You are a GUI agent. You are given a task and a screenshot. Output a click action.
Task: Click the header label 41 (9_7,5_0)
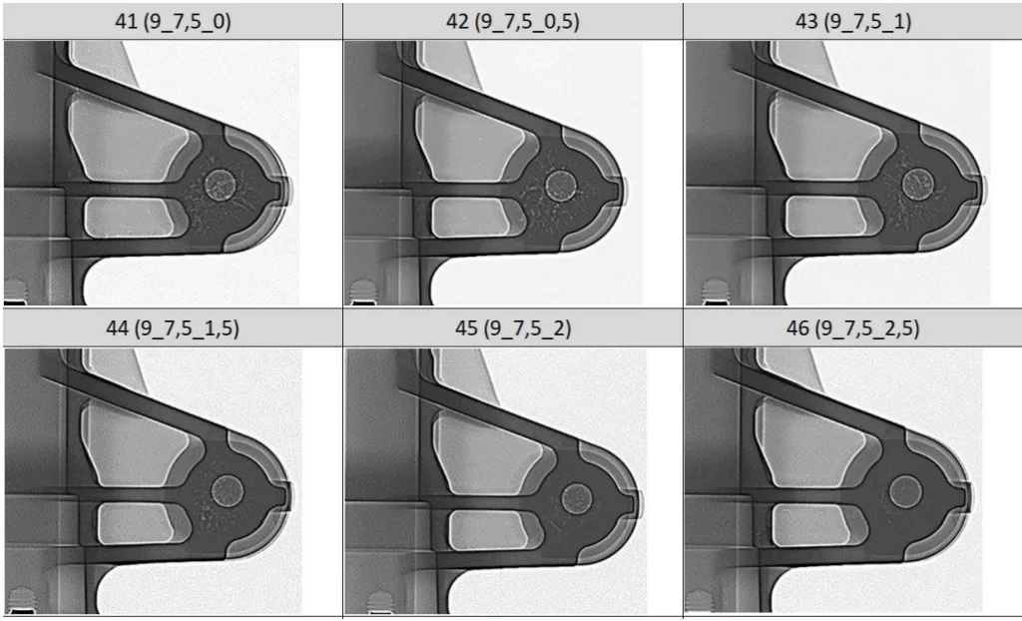point(172,20)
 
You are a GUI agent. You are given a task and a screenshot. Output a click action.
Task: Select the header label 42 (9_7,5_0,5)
point(513,20)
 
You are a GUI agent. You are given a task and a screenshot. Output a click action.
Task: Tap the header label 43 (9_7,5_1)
point(853,20)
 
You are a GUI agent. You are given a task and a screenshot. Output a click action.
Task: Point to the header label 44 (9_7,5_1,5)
point(172,328)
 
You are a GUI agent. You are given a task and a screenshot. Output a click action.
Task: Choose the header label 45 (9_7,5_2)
point(513,328)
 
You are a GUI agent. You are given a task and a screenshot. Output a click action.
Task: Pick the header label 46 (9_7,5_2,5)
point(853,328)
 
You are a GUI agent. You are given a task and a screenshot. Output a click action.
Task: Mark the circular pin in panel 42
point(560,185)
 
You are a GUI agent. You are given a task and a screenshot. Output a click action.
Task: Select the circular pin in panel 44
point(228,490)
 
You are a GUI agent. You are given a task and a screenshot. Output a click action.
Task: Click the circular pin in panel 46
point(905,491)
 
